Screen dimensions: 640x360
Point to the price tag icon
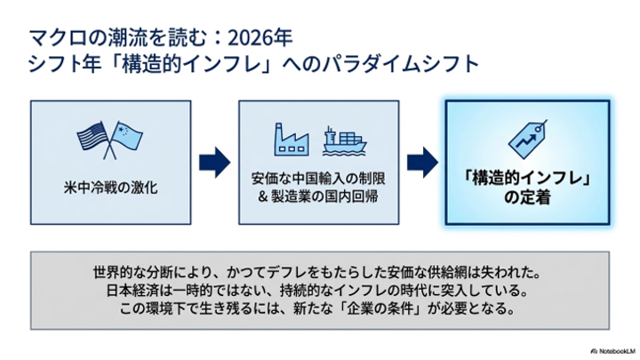point(527,139)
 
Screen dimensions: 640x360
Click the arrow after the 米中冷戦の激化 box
point(215,163)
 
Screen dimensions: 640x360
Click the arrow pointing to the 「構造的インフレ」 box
point(422,163)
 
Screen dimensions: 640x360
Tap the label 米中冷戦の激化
point(110,188)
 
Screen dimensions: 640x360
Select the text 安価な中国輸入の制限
point(318,179)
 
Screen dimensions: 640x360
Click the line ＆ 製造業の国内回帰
point(318,196)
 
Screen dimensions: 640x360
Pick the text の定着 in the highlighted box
point(527,197)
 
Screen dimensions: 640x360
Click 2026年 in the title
point(260,38)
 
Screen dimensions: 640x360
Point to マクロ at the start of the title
point(58,38)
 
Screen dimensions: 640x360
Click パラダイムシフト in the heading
point(400,64)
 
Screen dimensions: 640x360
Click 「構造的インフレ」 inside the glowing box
point(527,179)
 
